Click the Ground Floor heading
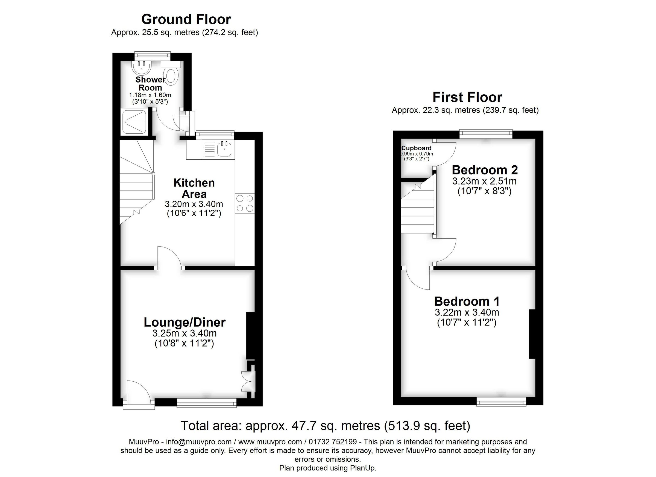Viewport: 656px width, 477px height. pos(186,20)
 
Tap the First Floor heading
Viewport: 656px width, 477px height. pos(467,98)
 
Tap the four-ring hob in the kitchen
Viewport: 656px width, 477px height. pos(245,203)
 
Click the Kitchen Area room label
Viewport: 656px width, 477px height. pos(194,188)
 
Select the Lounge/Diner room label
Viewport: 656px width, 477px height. pos(184,322)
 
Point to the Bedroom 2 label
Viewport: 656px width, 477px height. pos(485,170)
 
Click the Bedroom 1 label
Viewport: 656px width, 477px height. pos(467,302)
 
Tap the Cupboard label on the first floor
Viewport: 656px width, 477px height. pos(416,148)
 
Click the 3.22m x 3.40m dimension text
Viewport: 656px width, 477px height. pos(467,312)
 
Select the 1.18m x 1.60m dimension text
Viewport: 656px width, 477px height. pos(150,95)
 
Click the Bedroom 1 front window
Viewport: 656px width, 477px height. pos(501,402)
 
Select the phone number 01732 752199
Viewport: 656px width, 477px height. pos(333,442)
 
